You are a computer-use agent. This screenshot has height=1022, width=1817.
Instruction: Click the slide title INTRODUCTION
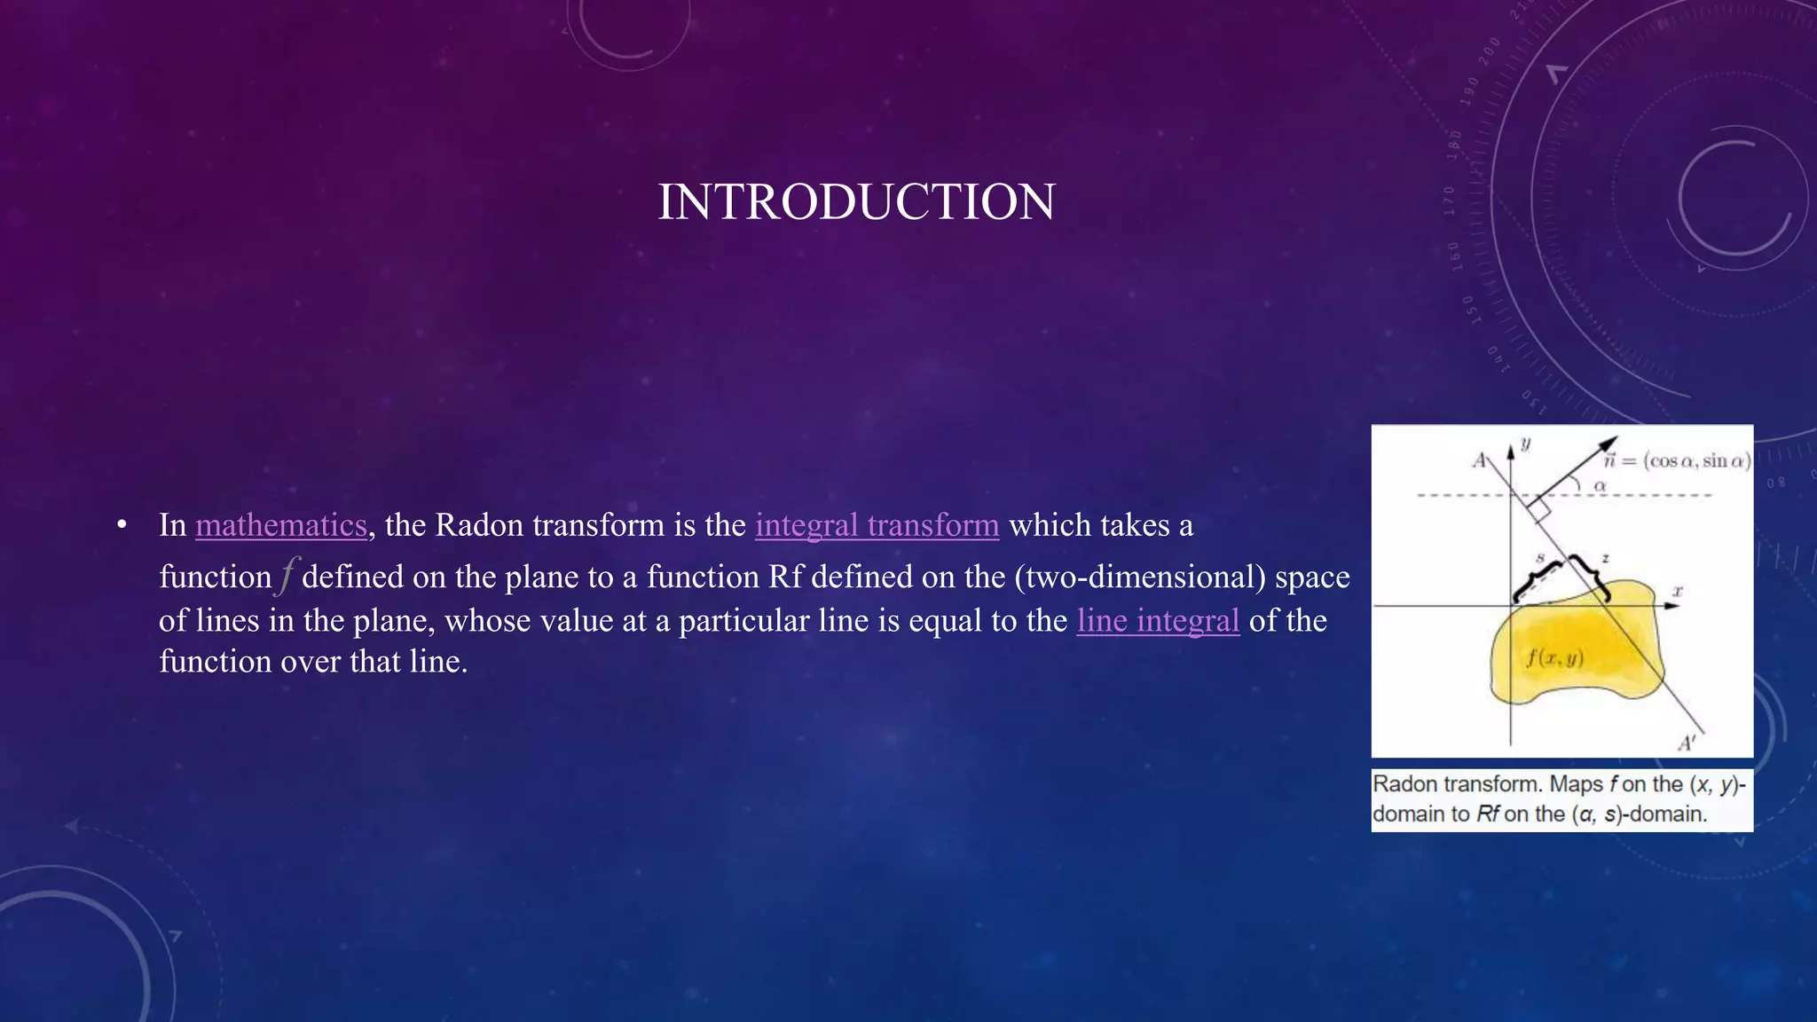(856, 202)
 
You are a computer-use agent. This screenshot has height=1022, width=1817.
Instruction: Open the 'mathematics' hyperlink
(280, 525)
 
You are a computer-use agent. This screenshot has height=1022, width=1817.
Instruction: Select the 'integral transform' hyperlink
(877, 525)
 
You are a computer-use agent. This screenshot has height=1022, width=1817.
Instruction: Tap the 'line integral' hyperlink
(1158, 620)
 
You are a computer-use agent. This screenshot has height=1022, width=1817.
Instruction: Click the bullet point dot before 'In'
(122, 525)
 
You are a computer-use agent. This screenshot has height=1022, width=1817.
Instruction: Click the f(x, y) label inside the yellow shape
(1554, 657)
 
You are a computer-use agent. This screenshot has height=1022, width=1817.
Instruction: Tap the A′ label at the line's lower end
(1686, 743)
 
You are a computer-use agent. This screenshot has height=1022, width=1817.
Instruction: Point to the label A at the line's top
(1479, 460)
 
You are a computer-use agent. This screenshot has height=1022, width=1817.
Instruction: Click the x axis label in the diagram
(1678, 590)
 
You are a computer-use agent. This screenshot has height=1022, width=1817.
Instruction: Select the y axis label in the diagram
(1525, 444)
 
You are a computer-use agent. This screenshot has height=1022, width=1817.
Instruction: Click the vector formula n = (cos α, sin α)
(1677, 460)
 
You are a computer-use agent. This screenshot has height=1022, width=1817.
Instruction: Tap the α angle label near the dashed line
(1601, 485)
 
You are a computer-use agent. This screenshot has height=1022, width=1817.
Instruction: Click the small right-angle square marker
(1539, 510)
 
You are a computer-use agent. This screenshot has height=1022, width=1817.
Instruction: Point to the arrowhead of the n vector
(1608, 444)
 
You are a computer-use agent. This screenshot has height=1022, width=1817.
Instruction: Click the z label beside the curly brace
(1605, 558)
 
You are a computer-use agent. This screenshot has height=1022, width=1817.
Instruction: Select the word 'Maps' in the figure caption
(1577, 784)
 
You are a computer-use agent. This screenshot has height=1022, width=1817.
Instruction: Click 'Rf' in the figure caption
(1487, 814)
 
